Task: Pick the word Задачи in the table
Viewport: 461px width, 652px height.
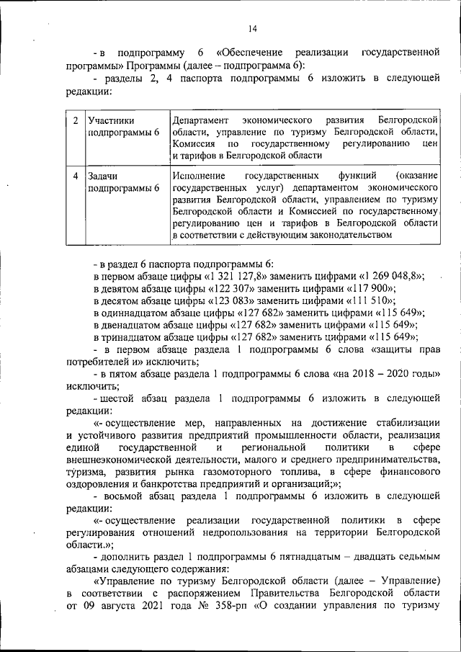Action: point(102,176)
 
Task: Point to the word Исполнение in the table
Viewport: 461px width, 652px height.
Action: point(199,176)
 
